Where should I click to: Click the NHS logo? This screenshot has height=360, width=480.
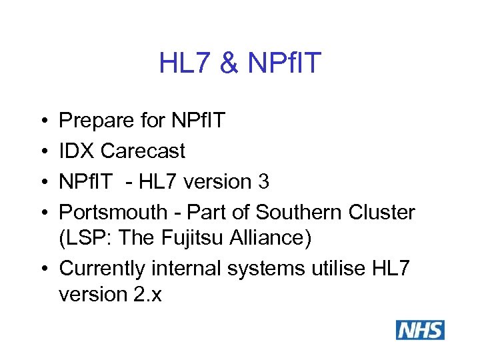(x=420, y=330)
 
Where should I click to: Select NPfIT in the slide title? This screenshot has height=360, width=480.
(x=284, y=63)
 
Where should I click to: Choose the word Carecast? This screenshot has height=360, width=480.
(x=143, y=151)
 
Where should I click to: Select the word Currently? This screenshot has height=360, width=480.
(x=104, y=269)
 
